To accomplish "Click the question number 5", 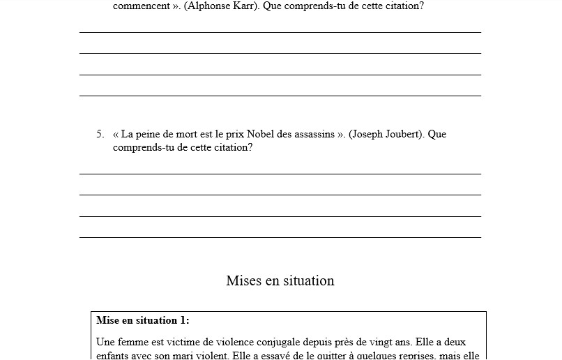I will pos(100,134).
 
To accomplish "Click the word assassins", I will pos(312,134).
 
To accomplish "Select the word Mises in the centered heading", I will pos(243,280).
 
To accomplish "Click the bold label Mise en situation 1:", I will pos(143,321).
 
